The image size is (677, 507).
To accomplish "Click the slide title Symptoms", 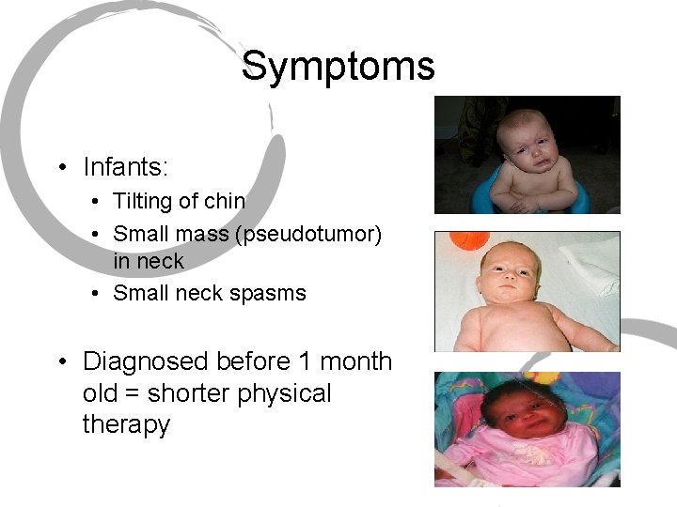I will click(338, 67).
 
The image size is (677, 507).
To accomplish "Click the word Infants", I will click(125, 168).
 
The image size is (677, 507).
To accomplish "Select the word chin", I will click(225, 201).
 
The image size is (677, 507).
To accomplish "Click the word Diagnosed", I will click(146, 361).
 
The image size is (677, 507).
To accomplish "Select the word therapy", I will click(126, 424).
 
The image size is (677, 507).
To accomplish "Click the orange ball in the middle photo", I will click(464, 241).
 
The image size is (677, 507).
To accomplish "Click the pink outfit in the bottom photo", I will click(527, 460).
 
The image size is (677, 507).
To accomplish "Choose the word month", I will click(352, 361).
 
